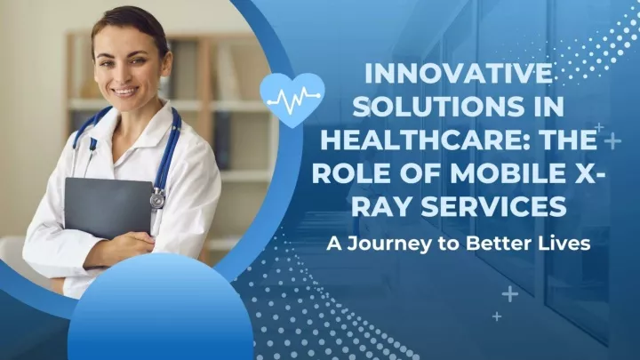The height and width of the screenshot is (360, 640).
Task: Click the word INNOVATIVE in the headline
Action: [459, 74]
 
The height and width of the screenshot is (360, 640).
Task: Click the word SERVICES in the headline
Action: [494, 205]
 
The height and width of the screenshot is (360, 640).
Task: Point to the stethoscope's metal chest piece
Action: [157, 200]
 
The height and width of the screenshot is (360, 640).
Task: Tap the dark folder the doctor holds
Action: [108, 207]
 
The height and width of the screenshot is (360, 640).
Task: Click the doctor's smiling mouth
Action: [124, 92]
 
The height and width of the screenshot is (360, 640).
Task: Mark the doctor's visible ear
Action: [166, 62]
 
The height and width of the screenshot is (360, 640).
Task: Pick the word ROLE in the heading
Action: [345, 173]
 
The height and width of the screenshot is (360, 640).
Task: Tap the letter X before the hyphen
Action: [575, 173]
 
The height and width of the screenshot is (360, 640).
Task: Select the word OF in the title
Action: [414, 173]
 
